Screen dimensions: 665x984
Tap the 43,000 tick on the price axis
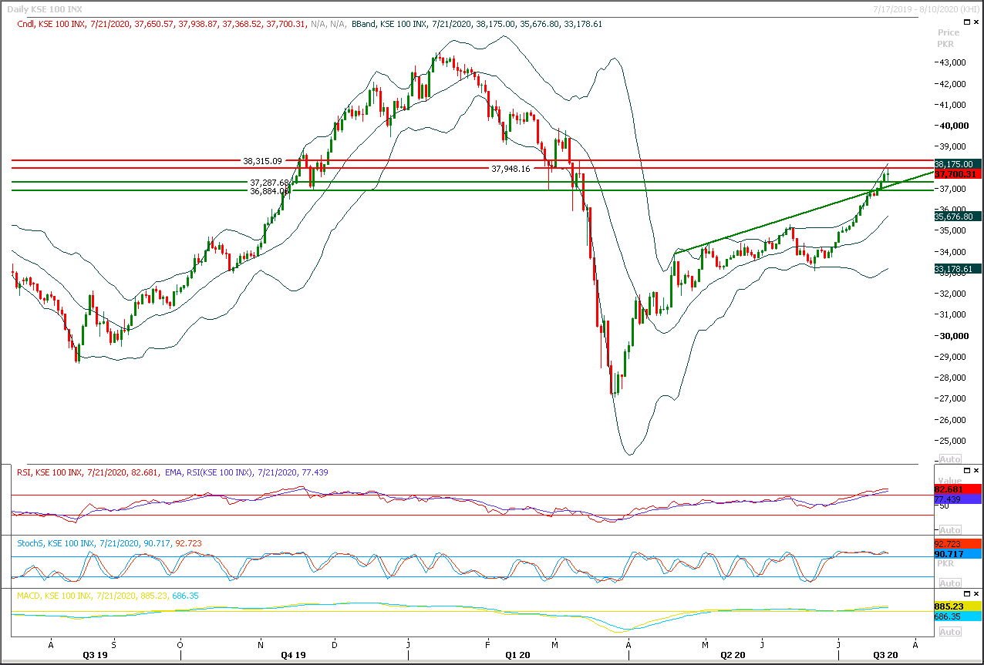pyautogui.click(x=952, y=62)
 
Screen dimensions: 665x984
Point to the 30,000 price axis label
pyautogui.click(x=952, y=336)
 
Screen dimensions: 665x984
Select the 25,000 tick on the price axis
pyautogui.click(x=952, y=441)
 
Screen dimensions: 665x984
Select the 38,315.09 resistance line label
pyautogui.click(x=262, y=162)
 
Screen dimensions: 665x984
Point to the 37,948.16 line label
pyautogui.click(x=511, y=169)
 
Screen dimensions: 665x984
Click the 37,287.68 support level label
pyautogui.click(x=269, y=183)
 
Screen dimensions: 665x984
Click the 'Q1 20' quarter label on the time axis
pyautogui.click(x=518, y=655)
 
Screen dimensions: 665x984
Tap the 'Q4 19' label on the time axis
pyautogui.click(x=293, y=655)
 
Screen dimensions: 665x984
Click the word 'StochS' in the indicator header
pyautogui.click(x=31, y=543)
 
